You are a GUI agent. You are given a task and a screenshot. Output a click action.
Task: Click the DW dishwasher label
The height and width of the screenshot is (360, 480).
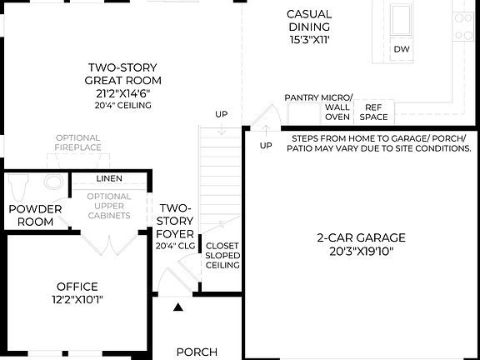coord(402,49)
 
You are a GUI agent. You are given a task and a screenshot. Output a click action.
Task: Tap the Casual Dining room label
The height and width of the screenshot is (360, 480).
coord(309,26)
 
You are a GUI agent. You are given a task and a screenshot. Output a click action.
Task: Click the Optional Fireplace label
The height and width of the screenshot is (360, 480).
coord(78,142)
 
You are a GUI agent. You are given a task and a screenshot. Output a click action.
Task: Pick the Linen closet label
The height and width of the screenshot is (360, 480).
coord(108,178)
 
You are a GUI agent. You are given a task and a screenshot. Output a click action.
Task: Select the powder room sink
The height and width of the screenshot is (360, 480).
coord(54,182)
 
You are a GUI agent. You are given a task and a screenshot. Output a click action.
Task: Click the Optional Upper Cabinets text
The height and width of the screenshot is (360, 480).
coord(109,206)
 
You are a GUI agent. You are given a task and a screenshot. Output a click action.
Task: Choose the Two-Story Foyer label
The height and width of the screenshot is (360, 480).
coord(176,220)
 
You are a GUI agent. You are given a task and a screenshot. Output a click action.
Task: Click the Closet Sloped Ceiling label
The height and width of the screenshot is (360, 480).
coord(222,256)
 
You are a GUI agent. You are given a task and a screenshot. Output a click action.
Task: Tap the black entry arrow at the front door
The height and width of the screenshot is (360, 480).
coord(178,307)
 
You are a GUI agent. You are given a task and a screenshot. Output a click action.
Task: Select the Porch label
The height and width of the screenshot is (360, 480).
coord(197,352)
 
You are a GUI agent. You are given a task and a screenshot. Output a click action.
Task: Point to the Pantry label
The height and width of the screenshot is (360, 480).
coord(301,97)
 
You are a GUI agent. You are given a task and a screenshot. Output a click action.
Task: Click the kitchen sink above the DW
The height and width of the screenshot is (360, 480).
coord(402,16)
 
